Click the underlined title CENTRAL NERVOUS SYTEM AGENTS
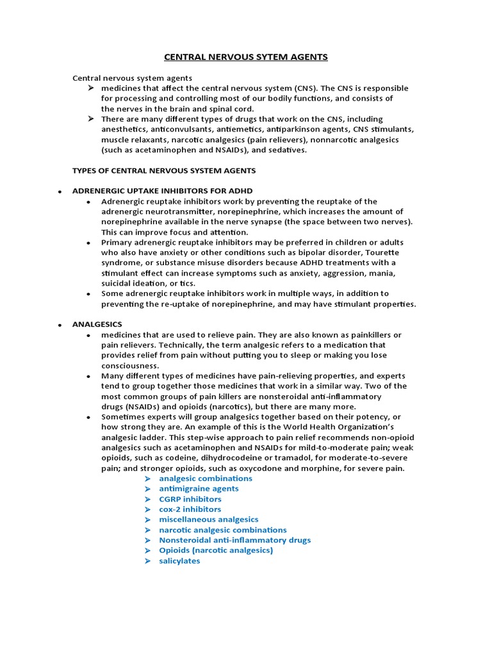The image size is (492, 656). [246, 57]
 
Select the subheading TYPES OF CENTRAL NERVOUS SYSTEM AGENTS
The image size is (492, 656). [164, 170]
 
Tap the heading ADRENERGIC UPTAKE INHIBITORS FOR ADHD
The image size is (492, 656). [163, 191]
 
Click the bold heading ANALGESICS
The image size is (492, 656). [97, 325]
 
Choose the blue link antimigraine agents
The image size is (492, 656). [199, 489]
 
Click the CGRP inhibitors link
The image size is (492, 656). [190, 499]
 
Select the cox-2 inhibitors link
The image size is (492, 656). [190, 509]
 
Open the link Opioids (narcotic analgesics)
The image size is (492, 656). [216, 550]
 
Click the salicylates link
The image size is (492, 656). [179, 561]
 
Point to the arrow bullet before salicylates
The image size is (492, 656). [147, 561]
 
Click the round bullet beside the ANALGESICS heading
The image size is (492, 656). [59, 325]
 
